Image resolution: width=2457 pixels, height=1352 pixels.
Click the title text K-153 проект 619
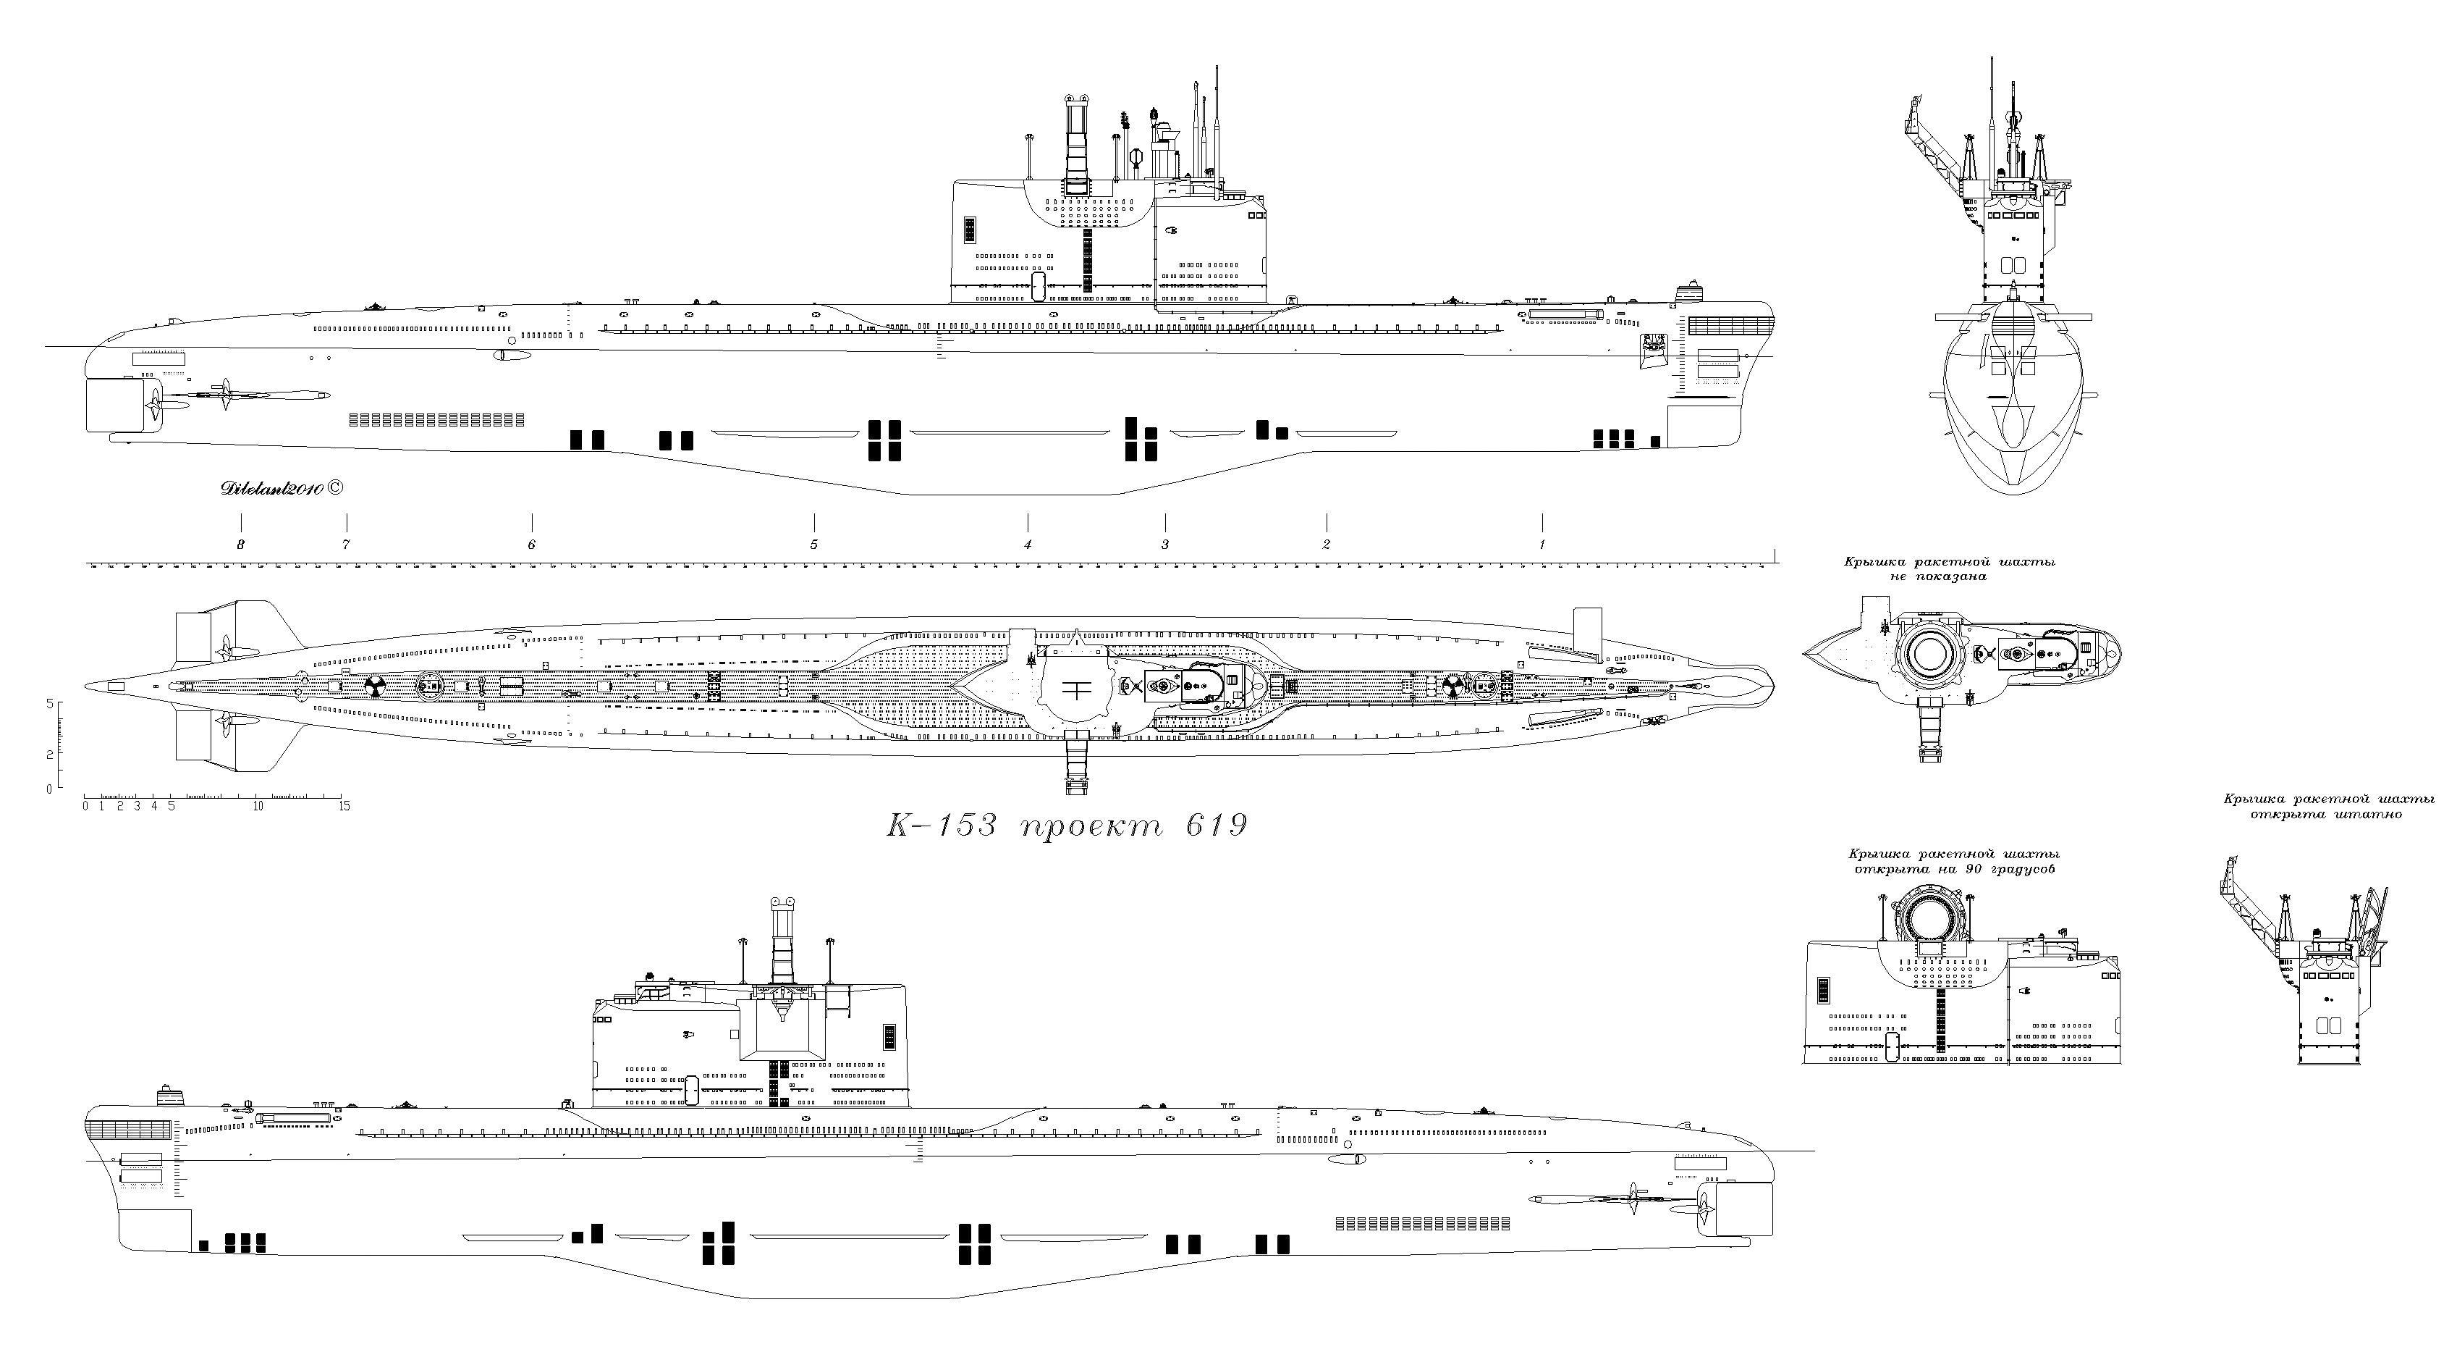tap(1066, 824)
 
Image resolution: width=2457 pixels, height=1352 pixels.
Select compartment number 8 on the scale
tap(241, 545)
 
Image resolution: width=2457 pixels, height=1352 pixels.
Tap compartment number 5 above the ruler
tap(813, 545)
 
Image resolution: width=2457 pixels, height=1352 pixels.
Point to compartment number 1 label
tap(1542, 545)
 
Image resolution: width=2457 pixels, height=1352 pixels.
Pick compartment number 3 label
tap(1164, 545)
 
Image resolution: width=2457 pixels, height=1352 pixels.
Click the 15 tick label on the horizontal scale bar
tap(344, 806)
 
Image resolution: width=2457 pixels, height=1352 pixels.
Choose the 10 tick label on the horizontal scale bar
tap(258, 806)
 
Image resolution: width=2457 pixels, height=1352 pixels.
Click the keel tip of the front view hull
tap(2013, 492)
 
